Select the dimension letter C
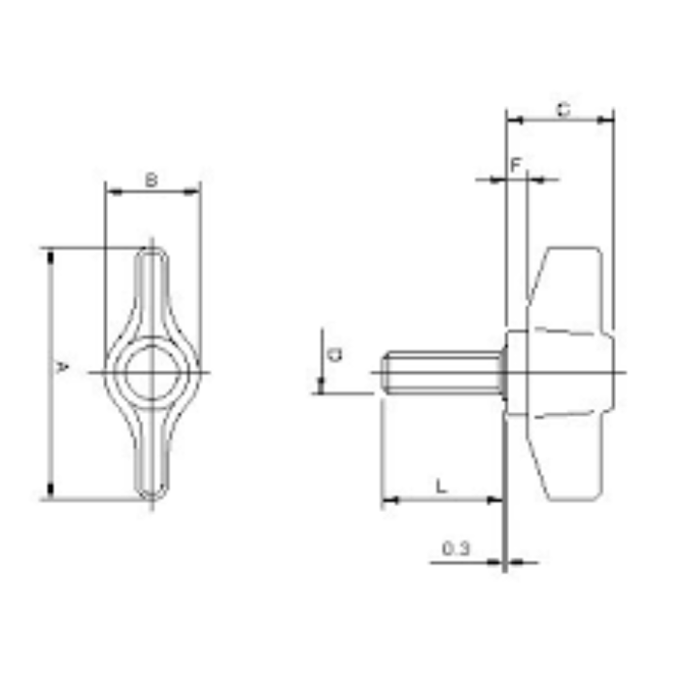[x=562, y=110]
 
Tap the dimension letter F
[x=516, y=164]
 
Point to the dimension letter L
[x=442, y=486]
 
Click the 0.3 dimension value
[x=456, y=549]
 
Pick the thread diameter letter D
[x=334, y=355]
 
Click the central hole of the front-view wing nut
[x=151, y=372]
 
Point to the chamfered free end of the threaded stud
[x=386, y=372]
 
